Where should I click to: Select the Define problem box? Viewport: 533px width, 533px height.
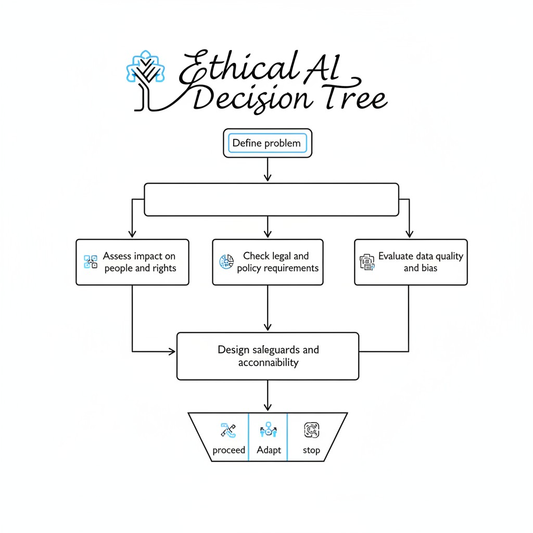pyautogui.click(x=267, y=143)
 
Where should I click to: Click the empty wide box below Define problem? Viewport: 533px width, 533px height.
pyautogui.click(x=271, y=199)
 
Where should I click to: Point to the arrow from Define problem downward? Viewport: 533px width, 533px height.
pyautogui.click(x=268, y=170)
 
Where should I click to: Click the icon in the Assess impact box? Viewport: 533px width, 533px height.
pyautogui.click(x=91, y=262)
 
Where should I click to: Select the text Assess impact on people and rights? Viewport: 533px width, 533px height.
pyautogui.click(x=139, y=262)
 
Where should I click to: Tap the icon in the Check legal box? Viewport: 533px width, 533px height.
pyautogui.click(x=224, y=262)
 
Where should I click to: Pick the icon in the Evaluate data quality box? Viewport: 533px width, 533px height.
pyautogui.click(x=367, y=262)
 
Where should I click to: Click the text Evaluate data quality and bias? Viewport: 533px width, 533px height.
pyautogui.click(x=420, y=262)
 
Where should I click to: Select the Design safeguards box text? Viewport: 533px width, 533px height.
pyautogui.click(x=268, y=356)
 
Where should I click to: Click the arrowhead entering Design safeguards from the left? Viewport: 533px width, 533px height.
pyautogui.click(x=172, y=352)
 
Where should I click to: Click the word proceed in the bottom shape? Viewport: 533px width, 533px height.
pyautogui.click(x=229, y=450)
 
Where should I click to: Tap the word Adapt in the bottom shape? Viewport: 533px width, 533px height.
pyautogui.click(x=269, y=450)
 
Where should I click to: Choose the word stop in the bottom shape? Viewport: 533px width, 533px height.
pyautogui.click(x=311, y=450)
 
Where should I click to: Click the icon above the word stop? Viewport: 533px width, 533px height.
pyautogui.click(x=311, y=430)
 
